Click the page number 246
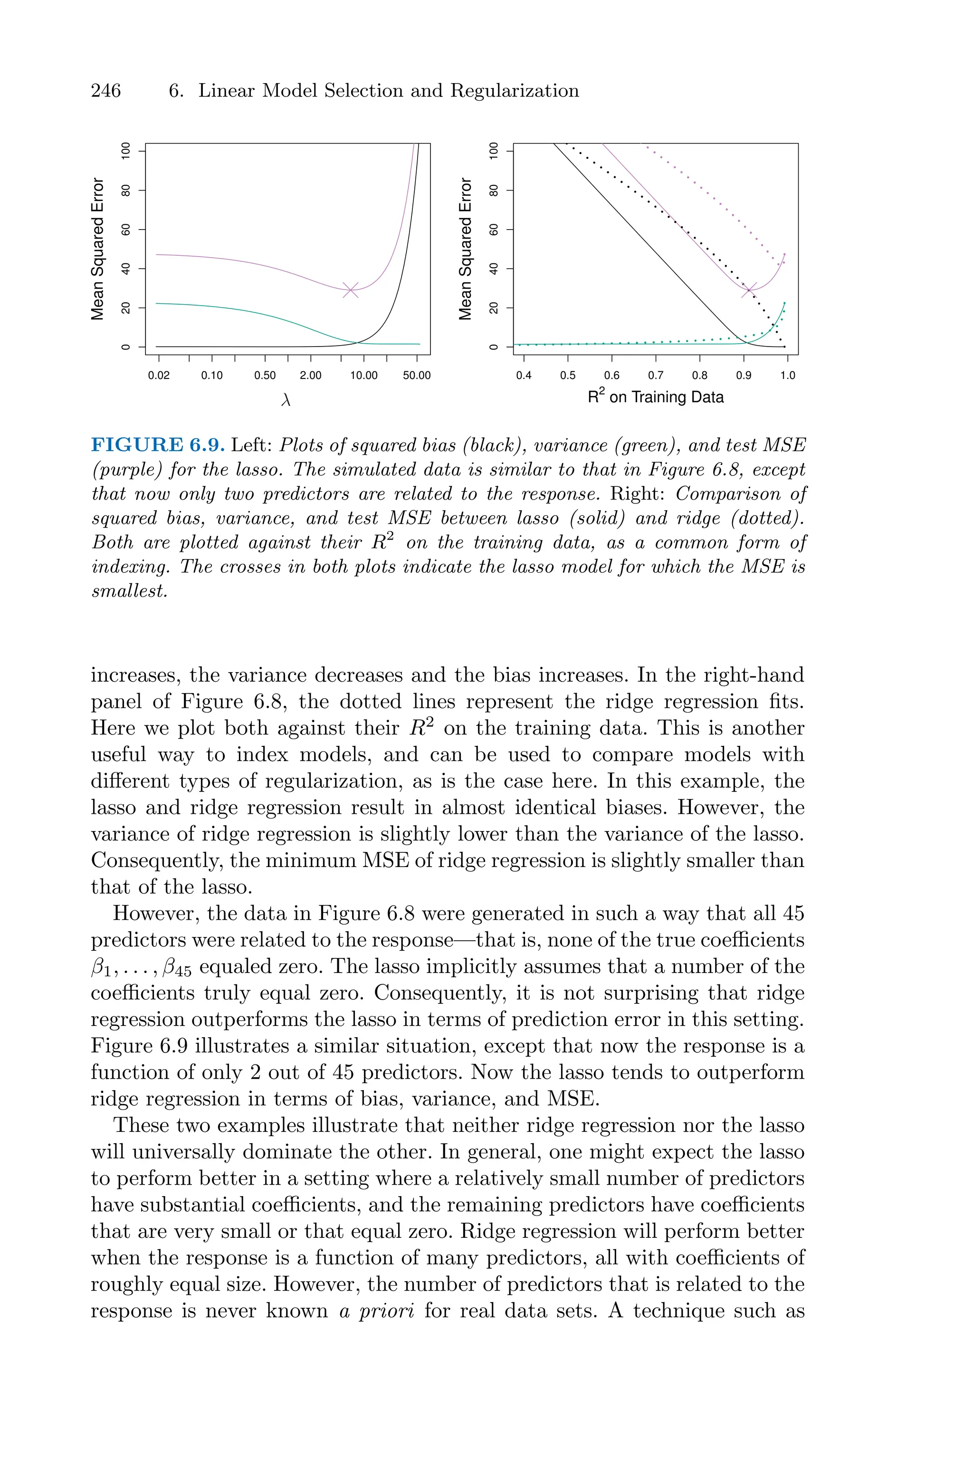(x=106, y=91)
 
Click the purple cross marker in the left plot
(x=351, y=289)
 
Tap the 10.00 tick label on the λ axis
(x=363, y=376)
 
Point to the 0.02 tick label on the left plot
(x=159, y=376)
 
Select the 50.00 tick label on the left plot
(x=416, y=376)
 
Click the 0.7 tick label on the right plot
(x=656, y=376)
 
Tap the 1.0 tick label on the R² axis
(x=787, y=376)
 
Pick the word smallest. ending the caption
(x=130, y=591)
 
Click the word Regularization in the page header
(x=515, y=91)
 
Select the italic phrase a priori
(x=377, y=1312)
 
